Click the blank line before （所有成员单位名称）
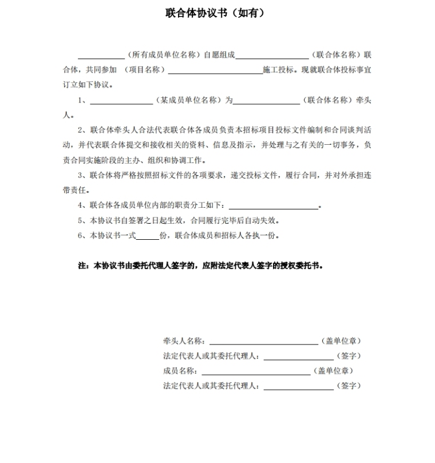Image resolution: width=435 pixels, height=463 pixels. (101, 57)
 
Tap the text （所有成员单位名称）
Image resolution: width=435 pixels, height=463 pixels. (165, 55)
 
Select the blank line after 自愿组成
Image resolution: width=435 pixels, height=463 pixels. (272, 57)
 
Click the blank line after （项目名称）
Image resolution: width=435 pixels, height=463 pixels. (215, 72)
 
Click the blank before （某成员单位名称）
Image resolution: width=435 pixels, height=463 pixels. (121, 102)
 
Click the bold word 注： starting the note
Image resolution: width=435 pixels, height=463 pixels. (84, 266)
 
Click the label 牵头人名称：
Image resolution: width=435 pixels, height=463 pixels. (184, 341)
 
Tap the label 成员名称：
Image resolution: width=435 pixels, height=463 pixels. (180, 371)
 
